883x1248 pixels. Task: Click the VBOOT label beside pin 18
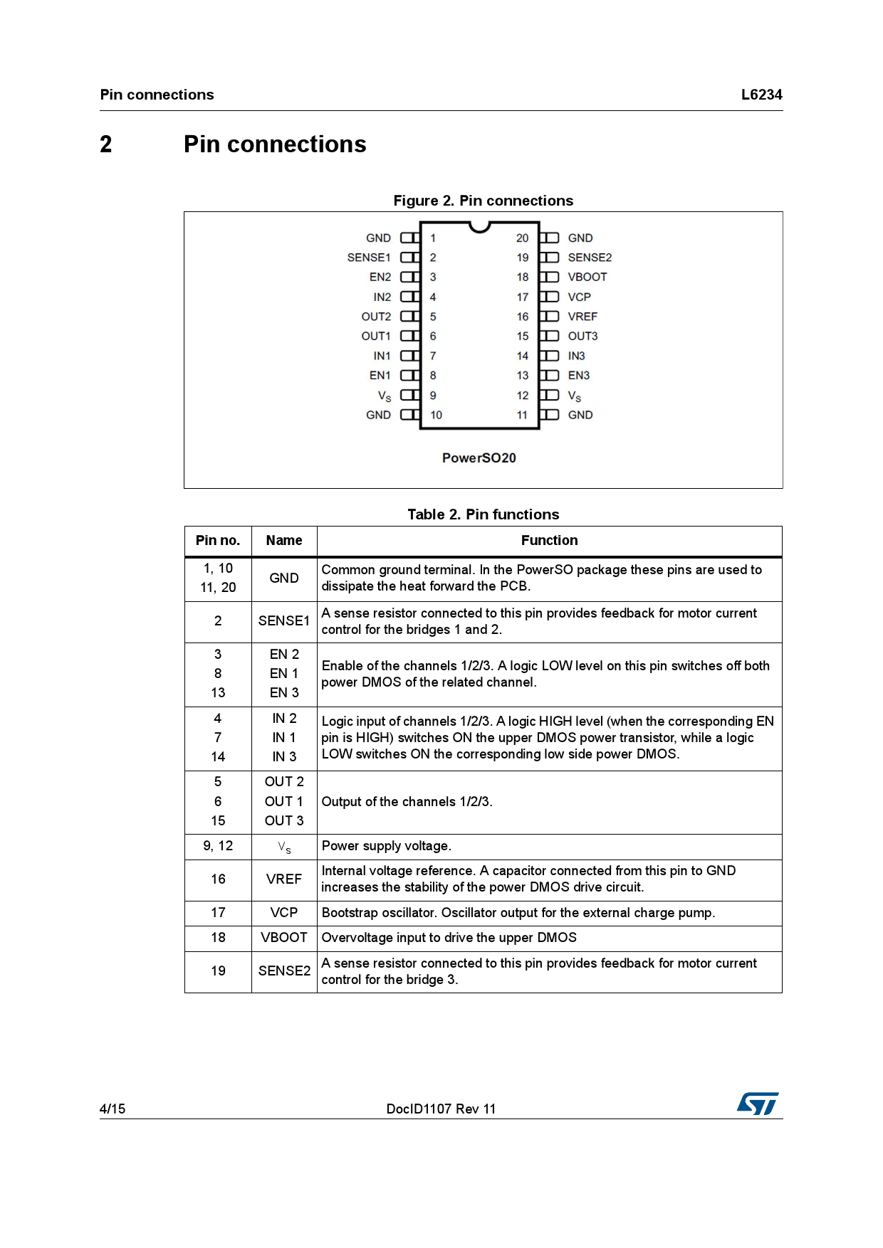587,277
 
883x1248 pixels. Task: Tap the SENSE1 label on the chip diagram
369,258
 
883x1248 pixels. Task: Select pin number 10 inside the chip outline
436,415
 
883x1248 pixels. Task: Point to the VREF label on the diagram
582,317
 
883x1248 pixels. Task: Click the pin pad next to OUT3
549,336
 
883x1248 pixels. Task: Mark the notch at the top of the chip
480,226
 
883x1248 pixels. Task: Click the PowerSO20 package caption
479,458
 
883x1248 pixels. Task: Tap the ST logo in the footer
758,1104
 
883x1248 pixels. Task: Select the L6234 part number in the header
761,95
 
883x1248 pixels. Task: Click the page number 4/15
113,1109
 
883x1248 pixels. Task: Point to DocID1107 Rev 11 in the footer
441,1109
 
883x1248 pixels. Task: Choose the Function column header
549,541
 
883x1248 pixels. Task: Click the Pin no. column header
218,541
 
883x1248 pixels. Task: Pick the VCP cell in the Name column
284,913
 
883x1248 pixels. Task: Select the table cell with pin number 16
218,879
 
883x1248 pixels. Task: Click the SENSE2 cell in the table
284,971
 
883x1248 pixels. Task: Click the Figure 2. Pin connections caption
483,201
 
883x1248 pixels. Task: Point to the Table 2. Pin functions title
483,514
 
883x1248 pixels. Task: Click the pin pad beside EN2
409,277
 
